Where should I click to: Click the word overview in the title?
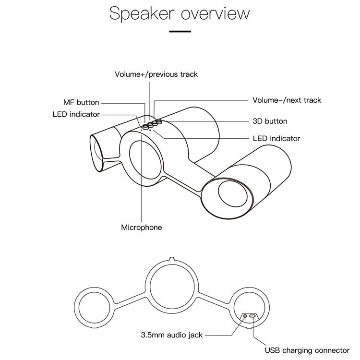point(215,13)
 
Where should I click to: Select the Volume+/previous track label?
point(156,74)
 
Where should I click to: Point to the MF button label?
point(81,102)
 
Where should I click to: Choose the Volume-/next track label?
point(287,100)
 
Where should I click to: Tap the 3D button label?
point(270,121)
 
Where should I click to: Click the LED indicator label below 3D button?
point(276,138)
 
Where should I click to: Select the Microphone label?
point(141,227)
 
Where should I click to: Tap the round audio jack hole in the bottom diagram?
point(246,316)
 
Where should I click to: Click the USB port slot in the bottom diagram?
point(253,316)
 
